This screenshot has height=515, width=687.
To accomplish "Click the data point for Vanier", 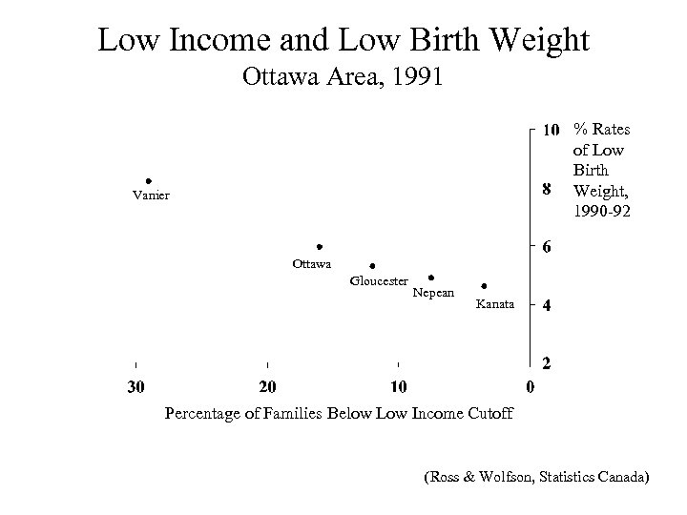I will (149, 180).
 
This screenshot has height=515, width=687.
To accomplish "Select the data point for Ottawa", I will (320, 246).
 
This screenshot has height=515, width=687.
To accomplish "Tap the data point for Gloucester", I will (372, 265).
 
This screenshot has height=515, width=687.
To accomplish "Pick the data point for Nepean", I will (431, 278).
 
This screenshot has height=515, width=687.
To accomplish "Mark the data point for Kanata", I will (485, 285).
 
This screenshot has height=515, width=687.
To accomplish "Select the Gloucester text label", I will (379, 281).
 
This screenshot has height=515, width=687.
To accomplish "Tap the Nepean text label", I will (433, 293).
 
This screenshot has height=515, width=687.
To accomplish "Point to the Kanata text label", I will (495, 304).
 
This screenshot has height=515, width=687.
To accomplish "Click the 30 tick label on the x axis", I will (136, 388).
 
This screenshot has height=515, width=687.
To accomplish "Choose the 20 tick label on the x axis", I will (268, 388).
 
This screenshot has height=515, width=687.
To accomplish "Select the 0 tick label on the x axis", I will (531, 388).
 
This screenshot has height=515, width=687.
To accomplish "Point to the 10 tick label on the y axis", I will (551, 128).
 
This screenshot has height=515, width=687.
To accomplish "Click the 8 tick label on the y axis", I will (546, 188).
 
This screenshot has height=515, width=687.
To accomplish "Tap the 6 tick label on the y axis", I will (546, 247).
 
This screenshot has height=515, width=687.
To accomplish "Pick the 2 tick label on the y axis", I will (546, 364).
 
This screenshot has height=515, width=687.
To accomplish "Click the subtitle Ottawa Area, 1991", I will (343, 76).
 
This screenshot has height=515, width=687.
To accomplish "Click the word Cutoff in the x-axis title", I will (491, 413).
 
